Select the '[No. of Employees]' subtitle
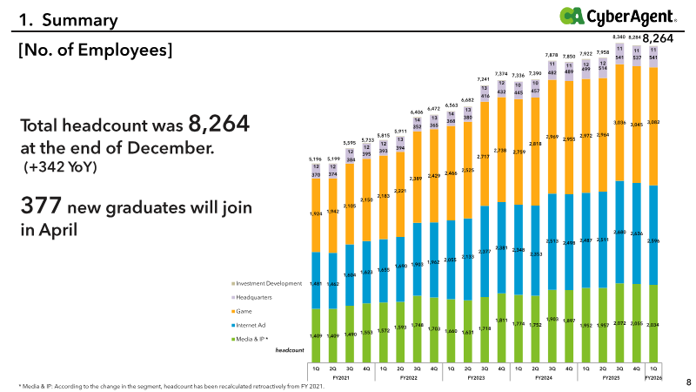click(96, 51)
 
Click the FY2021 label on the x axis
click(341, 379)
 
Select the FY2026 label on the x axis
click(653, 379)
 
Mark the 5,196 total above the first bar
click(316, 159)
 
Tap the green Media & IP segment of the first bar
click(316, 335)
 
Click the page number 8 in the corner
click(688, 382)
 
